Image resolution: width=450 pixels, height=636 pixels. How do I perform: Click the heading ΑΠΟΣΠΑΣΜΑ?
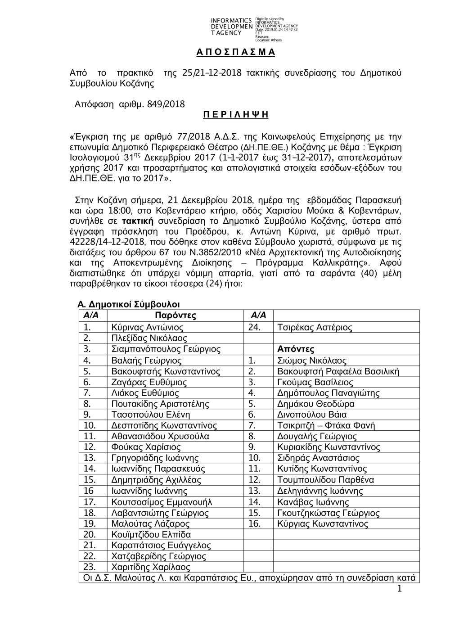(x=235, y=52)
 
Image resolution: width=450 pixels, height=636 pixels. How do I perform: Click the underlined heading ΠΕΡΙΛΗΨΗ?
(x=235, y=115)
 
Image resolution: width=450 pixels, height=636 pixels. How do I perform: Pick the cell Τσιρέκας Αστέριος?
(x=315, y=328)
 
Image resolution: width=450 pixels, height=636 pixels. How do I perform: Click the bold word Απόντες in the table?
(x=296, y=349)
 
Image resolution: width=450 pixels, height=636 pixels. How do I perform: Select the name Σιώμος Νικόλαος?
(x=312, y=361)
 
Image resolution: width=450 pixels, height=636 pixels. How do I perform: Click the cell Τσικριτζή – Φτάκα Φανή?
(x=326, y=425)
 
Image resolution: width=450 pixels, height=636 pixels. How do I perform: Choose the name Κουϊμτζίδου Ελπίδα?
(x=151, y=535)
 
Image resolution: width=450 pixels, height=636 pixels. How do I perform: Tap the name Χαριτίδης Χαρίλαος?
(x=150, y=567)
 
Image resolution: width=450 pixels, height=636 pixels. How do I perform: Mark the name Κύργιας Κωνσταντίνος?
(x=323, y=524)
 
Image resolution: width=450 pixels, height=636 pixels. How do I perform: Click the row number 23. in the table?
(x=90, y=567)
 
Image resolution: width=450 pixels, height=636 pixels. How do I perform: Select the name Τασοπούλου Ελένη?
(x=150, y=415)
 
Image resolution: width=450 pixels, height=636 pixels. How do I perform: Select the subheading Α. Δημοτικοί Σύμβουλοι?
(x=129, y=305)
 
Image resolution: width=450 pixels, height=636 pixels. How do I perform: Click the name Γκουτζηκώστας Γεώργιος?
(x=328, y=513)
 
